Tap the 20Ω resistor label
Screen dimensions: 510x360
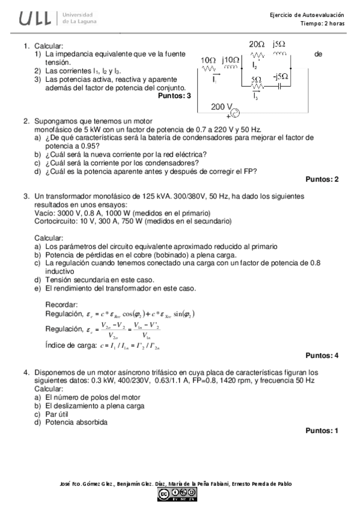(257, 45)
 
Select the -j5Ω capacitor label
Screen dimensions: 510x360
(281, 77)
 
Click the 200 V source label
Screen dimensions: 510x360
(222, 106)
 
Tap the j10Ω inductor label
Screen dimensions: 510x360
(231, 60)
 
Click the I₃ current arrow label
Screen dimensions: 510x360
(256, 95)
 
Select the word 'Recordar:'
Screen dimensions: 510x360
(61, 304)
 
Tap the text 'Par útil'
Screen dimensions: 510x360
(58, 414)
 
